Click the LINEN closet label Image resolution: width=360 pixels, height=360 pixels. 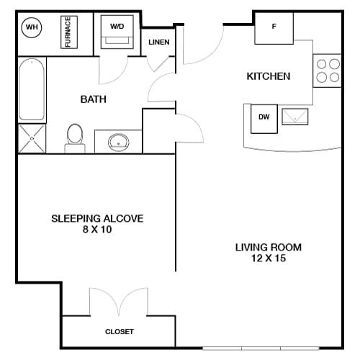(158, 42)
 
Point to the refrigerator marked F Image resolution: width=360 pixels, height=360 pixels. (274, 27)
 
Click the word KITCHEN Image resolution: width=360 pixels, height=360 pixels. (268, 76)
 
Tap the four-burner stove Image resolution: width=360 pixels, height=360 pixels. (328, 71)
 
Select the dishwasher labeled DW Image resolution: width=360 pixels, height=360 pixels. (264, 118)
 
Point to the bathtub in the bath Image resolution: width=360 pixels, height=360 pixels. (32, 90)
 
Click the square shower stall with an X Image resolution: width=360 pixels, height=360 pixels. (31, 138)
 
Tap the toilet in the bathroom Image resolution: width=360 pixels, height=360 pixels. (75, 138)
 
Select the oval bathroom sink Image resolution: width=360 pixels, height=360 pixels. (118, 142)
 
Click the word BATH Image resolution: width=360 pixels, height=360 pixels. (94, 99)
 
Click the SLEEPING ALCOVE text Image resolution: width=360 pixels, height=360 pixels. (97, 218)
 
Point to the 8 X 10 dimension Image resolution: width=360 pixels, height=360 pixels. (97, 230)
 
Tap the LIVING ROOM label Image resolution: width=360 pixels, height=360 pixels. (268, 248)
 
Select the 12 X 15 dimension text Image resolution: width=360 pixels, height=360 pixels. (268, 259)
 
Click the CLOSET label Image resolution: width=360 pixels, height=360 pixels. (120, 332)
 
